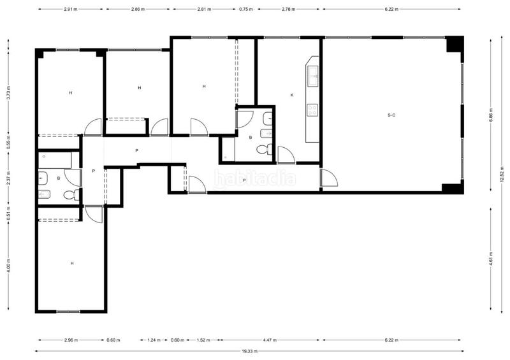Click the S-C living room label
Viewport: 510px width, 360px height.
[x=391, y=115]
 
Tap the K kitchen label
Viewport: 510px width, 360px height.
[x=292, y=95]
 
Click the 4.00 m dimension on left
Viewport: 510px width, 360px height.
[x=8, y=264]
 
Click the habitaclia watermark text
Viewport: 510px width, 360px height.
[x=255, y=177]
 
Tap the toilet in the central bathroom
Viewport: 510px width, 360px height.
[x=263, y=150]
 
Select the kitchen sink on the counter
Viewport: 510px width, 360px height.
[x=313, y=78]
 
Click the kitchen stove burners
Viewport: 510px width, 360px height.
[x=313, y=110]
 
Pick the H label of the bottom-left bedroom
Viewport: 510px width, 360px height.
[x=72, y=263]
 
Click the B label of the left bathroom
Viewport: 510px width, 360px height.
[x=59, y=178]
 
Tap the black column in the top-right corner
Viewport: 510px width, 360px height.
[x=453, y=45]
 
